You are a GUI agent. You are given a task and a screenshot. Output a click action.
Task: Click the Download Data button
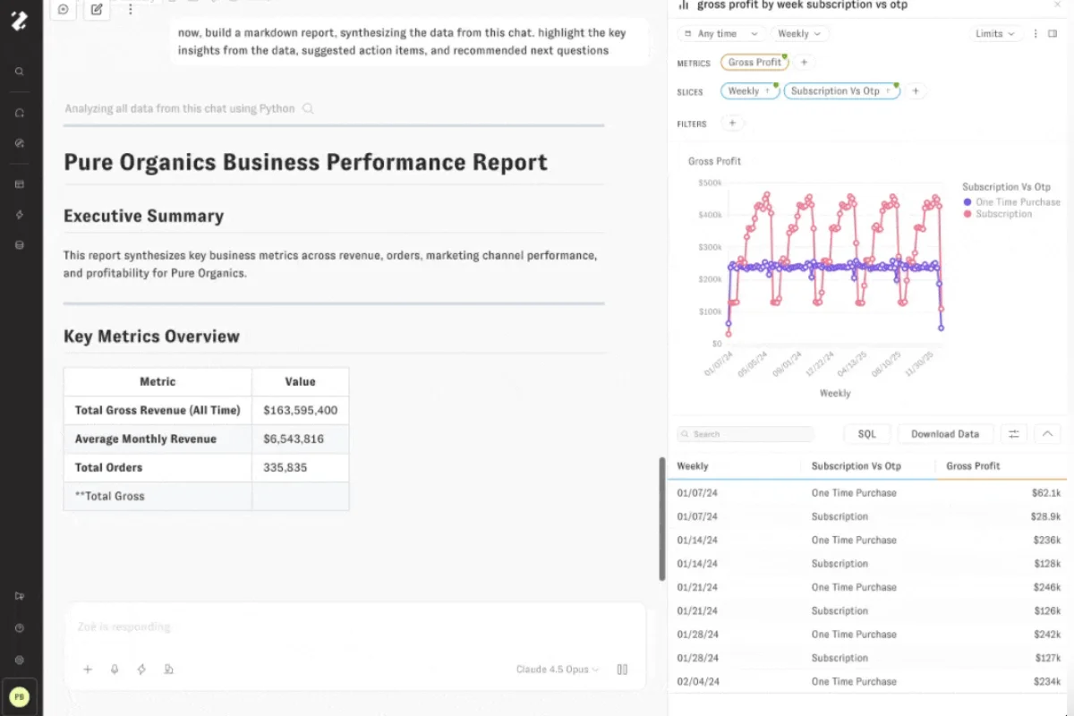(x=944, y=434)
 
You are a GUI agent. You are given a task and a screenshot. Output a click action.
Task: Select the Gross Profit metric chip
(x=754, y=63)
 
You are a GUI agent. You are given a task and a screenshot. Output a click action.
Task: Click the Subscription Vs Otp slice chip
(x=836, y=91)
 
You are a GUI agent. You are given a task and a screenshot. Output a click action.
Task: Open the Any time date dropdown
(x=720, y=34)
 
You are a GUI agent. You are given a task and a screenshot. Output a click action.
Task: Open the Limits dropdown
(x=995, y=34)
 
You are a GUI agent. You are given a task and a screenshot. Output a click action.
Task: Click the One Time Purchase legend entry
(x=1017, y=202)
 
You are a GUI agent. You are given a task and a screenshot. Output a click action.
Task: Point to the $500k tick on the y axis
(x=709, y=183)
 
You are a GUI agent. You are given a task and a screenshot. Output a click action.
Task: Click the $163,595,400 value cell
(x=300, y=410)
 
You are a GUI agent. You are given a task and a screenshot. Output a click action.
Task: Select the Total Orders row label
(x=108, y=467)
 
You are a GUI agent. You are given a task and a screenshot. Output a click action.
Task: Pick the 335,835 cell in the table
(x=285, y=467)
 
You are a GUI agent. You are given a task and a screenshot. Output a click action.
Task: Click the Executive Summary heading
(x=143, y=216)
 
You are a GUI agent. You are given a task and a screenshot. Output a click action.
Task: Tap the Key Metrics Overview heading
(x=151, y=337)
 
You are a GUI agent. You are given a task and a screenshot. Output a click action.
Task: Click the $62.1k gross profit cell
(x=1045, y=493)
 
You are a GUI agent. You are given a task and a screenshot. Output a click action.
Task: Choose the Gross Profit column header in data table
(x=973, y=466)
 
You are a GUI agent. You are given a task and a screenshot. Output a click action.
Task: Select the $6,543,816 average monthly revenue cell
(x=294, y=439)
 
